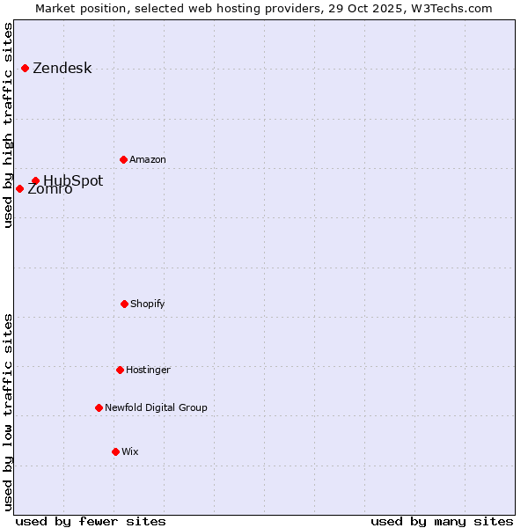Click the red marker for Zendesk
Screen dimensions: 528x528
[x=25, y=68]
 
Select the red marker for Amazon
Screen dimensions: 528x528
[x=123, y=159]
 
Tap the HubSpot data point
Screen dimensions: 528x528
[x=35, y=180]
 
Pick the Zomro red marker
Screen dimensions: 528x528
[x=19, y=188]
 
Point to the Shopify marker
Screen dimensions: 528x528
[x=124, y=304]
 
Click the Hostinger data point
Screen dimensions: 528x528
[x=120, y=370]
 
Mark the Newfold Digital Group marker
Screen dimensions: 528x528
[x=99, y=407]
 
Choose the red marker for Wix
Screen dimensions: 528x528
[x=115, y=451]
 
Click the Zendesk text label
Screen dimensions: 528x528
[x=62, y=69]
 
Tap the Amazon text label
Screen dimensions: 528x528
[x=147, y=159]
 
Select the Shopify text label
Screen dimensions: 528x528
[x=147, y=304]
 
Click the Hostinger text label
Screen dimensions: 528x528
[x=148, y=370]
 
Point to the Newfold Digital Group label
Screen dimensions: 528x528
[x=156, y=407]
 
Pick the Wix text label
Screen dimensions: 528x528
[x=129, y=451]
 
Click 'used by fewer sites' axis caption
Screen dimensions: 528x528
[x=91, y=521]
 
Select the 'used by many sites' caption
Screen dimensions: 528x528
[x=442, y=521]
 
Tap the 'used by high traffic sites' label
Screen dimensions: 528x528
[x=8, y=125]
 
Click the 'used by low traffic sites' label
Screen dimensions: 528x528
[x=8, y=412]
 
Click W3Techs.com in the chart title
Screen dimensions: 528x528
[x=453, y=8]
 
